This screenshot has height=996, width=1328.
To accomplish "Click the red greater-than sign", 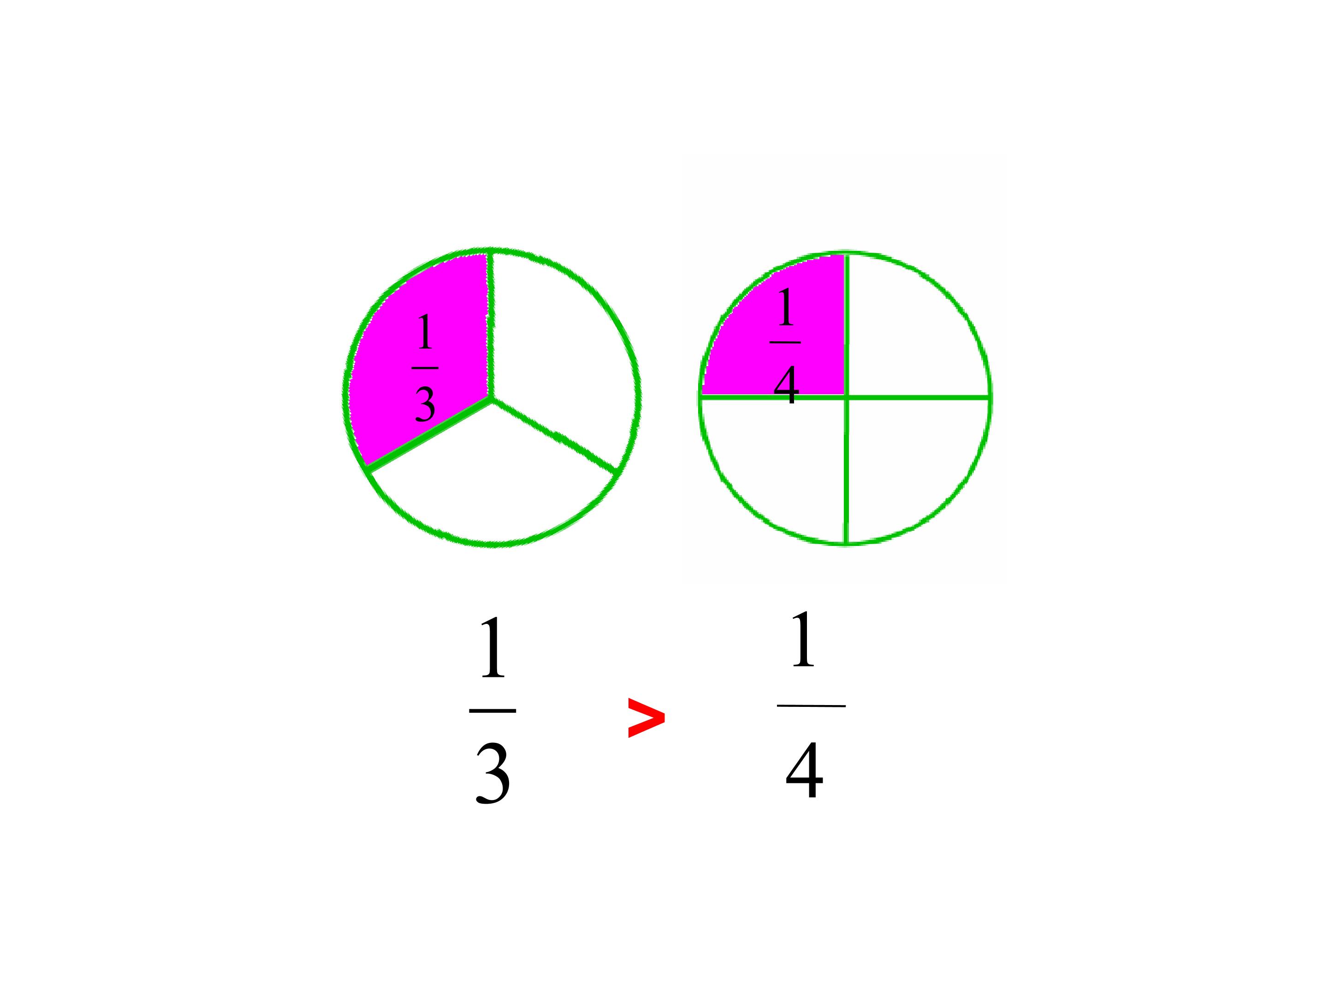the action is (646, 717).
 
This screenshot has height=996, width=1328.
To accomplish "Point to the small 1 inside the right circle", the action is (786, 306).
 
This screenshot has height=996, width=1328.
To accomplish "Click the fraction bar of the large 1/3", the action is (492, 711).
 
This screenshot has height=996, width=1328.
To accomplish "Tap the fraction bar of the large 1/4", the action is (811, 706).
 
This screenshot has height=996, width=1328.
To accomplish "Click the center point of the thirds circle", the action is (492, 399).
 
